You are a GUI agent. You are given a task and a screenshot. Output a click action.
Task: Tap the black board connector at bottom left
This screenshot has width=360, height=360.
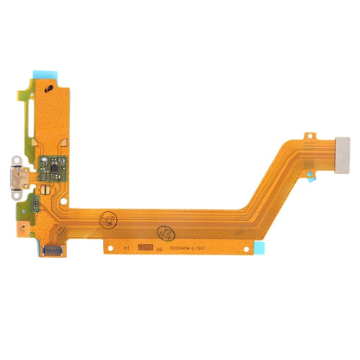click(52, 250)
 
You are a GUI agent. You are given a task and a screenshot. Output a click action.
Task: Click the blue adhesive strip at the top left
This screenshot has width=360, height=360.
click(44, 74)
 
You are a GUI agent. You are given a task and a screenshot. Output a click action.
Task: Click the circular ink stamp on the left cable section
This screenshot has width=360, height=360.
click(108, 219)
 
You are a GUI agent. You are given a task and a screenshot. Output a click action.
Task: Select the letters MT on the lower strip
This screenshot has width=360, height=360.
click(126, 249)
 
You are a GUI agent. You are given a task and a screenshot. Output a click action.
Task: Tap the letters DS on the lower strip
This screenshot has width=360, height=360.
click(159, 249)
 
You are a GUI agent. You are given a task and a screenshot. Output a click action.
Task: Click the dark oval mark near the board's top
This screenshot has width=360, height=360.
click(48, 89)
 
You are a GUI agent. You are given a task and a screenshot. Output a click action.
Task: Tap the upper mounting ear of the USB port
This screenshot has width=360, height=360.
click(15, 160)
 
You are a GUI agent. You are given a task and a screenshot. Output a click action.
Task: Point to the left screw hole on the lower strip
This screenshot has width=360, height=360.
click(110, 248)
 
